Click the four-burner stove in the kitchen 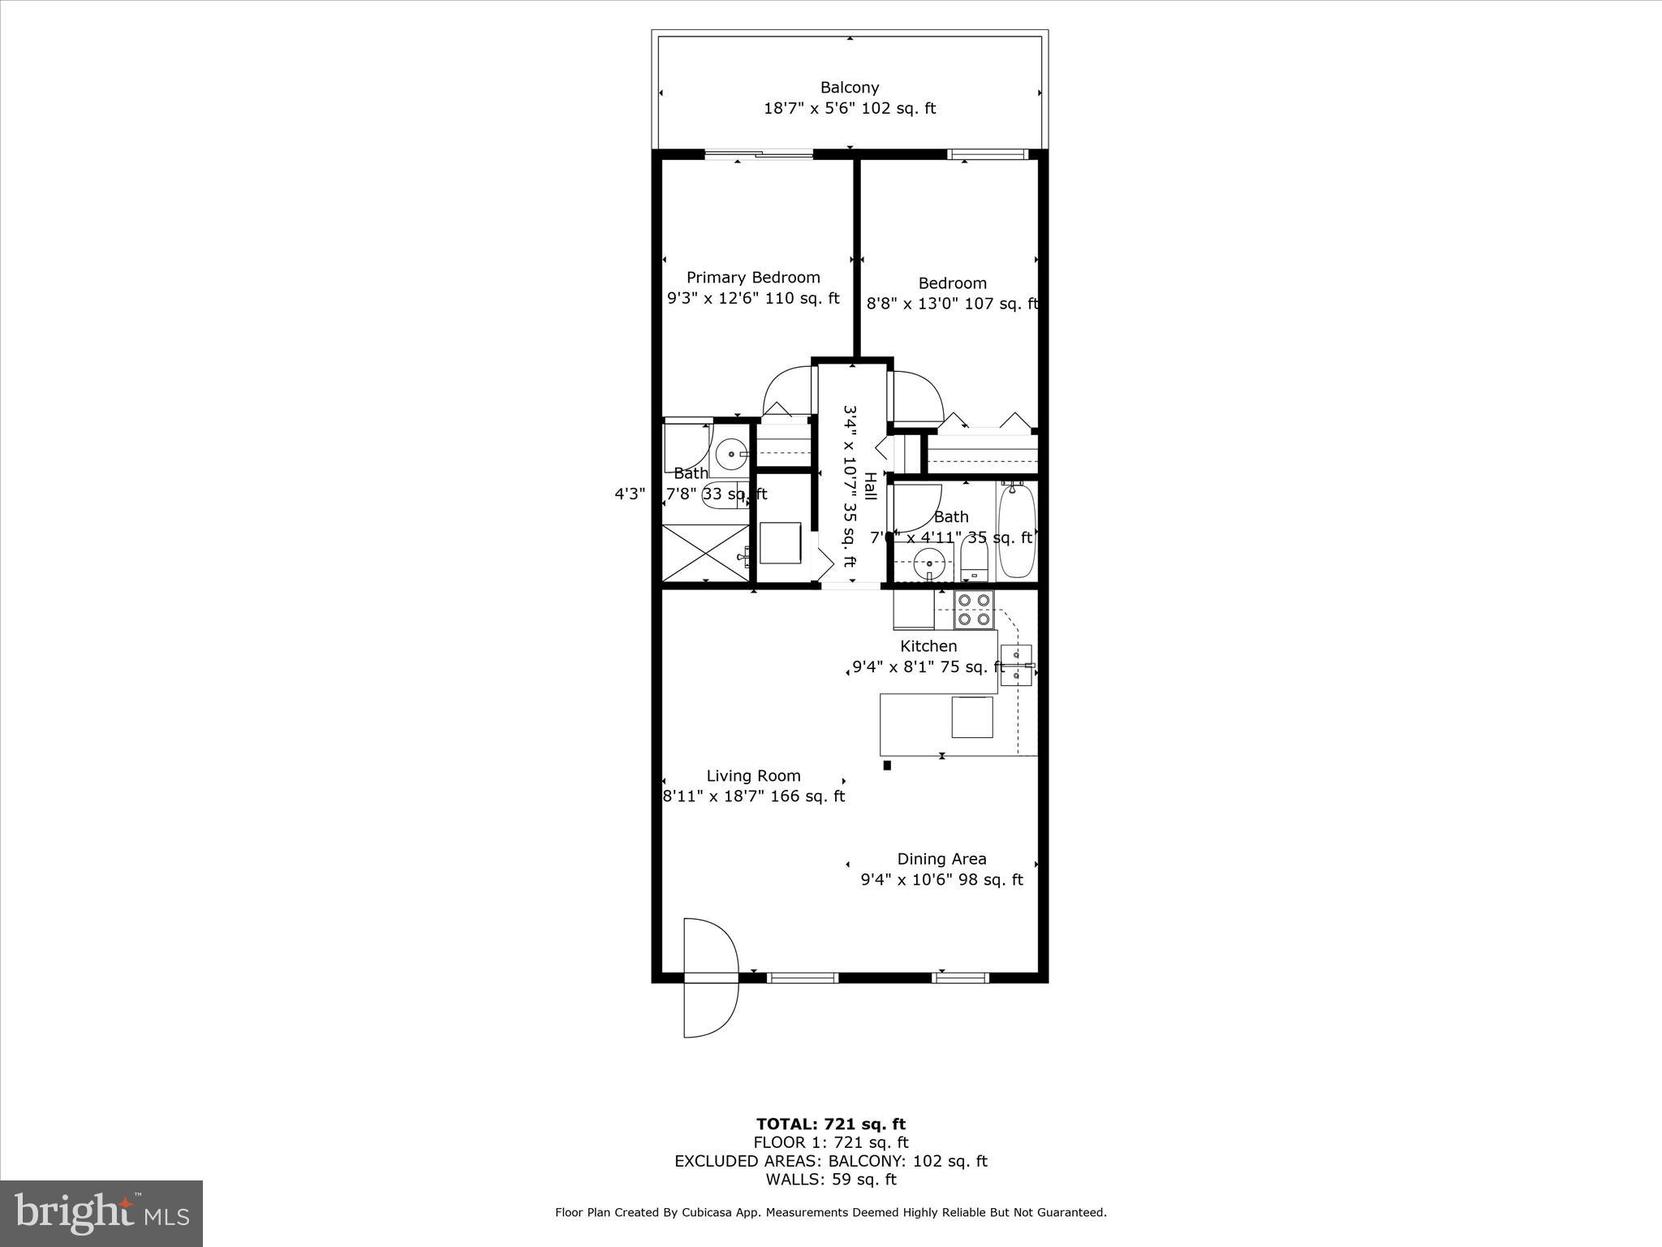coord(974,610)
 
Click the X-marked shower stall coord(705,553)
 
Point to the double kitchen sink coord(1016,665)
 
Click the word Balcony coord(849,87)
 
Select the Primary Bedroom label coord(753,278)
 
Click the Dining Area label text coord(941,859)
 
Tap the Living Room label coord(753,775)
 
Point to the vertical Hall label coord(870,485)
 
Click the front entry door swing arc coord(710,977)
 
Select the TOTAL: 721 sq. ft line coord(830,1124)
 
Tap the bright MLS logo coord(101,1213)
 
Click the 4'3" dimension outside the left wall coord(630,494)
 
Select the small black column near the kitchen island coord(887,765)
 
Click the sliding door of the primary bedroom coord(759,154)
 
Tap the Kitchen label coord(928,646)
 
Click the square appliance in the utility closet coord(781,542)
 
